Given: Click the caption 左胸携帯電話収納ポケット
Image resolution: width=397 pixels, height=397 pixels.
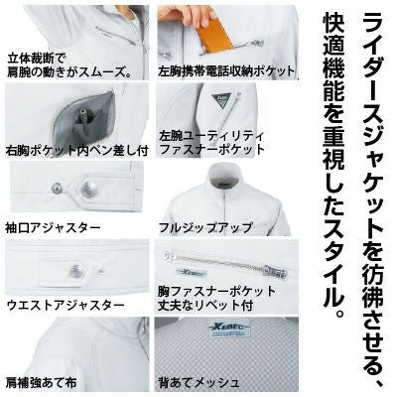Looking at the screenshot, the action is point(226,71).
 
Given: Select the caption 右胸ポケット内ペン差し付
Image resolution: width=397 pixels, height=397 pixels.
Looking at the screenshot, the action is point(76,151).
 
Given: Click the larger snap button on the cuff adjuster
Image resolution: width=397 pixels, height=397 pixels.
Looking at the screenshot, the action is point(87,190).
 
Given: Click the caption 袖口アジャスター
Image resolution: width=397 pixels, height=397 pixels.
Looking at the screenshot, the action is point(53,228).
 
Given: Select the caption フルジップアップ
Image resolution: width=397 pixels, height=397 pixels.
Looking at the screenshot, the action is point(205,228).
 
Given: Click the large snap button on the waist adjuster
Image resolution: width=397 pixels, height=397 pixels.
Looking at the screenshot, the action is point(75,271).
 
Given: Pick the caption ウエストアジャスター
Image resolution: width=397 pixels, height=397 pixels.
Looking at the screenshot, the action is point(66,305).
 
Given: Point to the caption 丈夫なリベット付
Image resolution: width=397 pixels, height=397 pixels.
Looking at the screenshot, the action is point(205,304).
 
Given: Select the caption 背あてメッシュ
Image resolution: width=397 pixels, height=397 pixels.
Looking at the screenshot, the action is point(198,382).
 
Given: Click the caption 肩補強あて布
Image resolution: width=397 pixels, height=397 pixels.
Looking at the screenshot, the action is point(42,382).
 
